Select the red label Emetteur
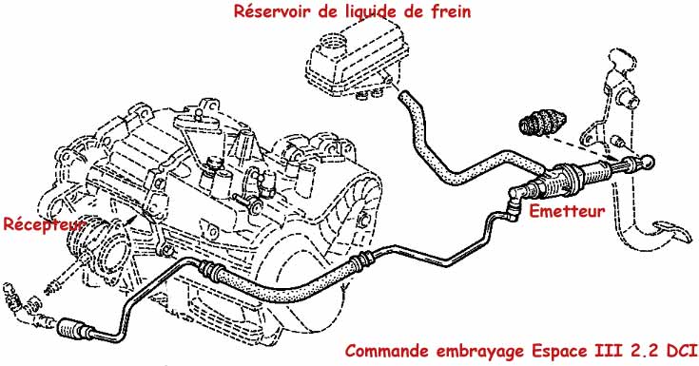(x=567, y=210)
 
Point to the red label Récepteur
(x=43, y=224)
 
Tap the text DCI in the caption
(x=682, y=351)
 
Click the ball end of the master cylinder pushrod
(x=648, y=162)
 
